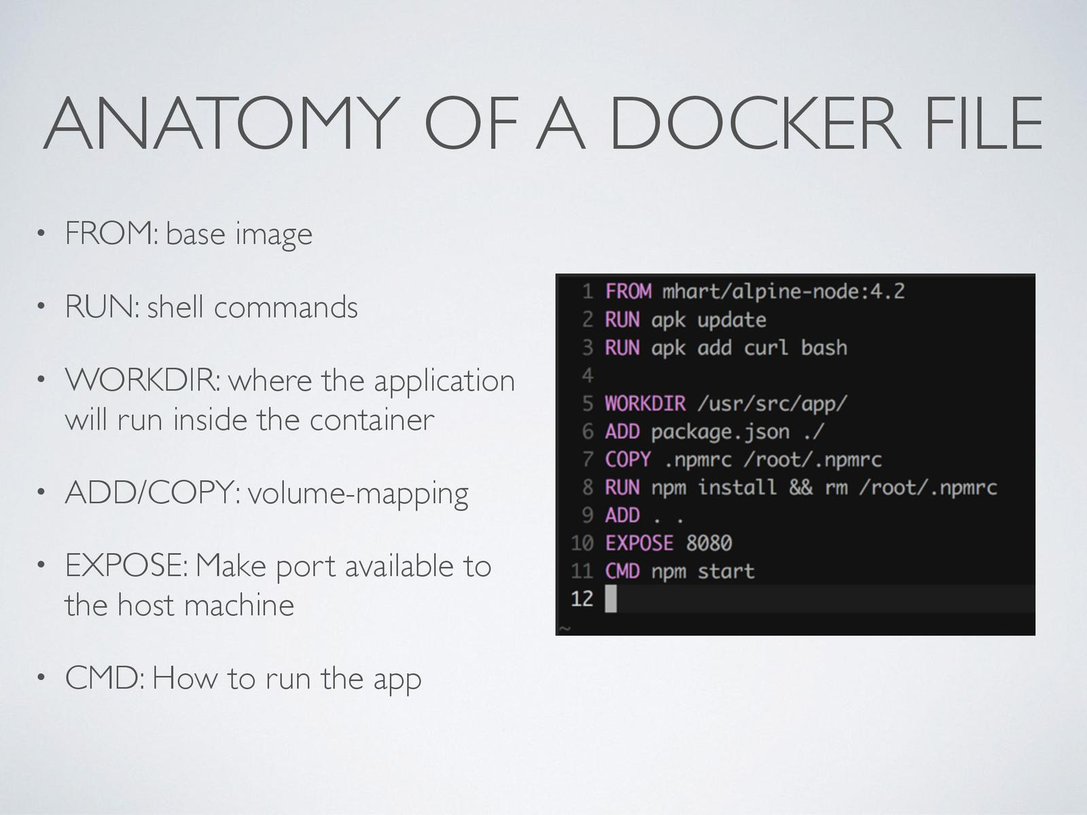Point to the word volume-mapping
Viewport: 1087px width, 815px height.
click(x=358, y=494)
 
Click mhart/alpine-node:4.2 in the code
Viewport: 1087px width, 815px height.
click(x=783, y=291)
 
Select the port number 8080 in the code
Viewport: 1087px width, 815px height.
click(x=709, y=543)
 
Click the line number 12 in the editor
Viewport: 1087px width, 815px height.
click(x=582, y=599)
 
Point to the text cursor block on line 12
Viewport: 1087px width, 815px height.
click(x=611, y=599)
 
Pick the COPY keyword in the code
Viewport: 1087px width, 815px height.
click(x=628, y=460)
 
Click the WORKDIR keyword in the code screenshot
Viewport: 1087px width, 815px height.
click(x=645, y=403)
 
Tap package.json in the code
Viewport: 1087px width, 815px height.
click(x=720, y=432)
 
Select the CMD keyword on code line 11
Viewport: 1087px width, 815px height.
click(x=622, y=571)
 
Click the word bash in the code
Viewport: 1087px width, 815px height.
click(x=823, y=348)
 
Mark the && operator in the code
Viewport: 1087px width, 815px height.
click(x=800, y=488)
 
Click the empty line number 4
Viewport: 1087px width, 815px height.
click(x=588, y=376)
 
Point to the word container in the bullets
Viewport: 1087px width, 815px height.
click(x=372, y=420)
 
